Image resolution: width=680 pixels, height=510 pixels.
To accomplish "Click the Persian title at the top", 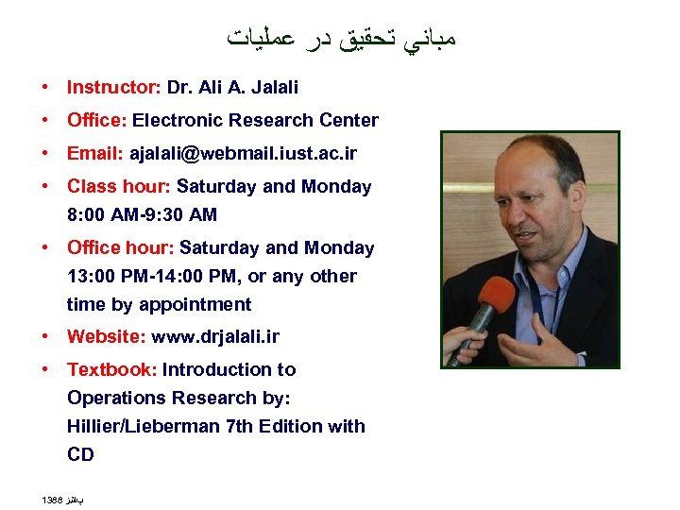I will tap(343, 39).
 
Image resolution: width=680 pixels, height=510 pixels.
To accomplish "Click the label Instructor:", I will tap(113, 88).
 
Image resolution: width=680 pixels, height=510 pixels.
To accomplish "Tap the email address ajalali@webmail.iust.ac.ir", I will tap(244, 154).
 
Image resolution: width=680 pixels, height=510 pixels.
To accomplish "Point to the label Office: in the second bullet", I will tap(97, 121).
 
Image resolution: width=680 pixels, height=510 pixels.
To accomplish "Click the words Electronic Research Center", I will tap(255, 121).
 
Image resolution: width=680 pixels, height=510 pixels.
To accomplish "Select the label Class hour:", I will tap(119, 187).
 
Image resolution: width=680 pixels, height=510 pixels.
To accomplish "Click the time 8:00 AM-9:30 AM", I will tap(142, 215).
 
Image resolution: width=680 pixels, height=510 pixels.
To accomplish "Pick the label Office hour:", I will tap(120, 248).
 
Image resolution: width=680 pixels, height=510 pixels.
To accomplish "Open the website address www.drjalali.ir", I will tap(215, 337).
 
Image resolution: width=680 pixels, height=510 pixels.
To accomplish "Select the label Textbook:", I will tap(111, 370).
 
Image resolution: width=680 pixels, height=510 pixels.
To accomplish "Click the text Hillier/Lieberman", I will tap(144, 427).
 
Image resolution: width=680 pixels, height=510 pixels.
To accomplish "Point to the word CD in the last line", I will tap(80, 455).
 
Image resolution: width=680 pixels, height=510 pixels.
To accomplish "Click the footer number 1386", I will tap(52, 498).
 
